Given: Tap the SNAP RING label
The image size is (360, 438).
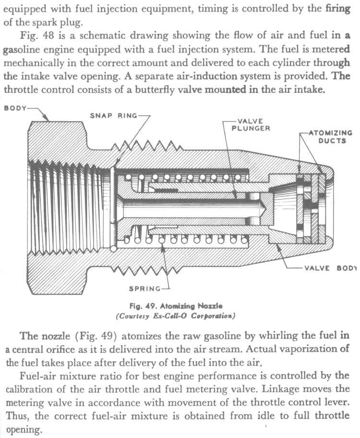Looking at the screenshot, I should click(x=113, y=115).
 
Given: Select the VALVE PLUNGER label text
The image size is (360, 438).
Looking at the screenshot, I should click(x=251, y=125).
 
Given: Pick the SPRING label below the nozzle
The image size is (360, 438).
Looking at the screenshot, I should click(x=144, y=289).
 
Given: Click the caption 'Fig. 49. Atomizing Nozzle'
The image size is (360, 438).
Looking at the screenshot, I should click(x=180, y=305).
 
